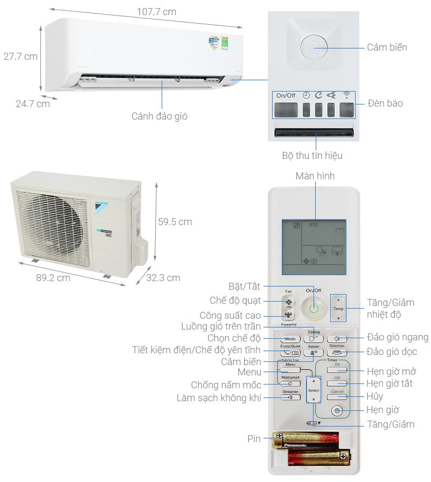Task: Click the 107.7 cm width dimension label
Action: tap(156, 12)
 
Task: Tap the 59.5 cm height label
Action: tap(175, 221)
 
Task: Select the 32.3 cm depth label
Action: tap(163, 278)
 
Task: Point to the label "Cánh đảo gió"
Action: tap(159, 116)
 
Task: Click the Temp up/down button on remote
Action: tap(338, 309)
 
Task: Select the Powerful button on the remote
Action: tap(289, 317)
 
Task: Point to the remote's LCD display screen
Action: tap(314, 247)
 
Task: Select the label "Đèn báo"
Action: tap(385, 103)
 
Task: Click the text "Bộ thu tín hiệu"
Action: tap(312, 156)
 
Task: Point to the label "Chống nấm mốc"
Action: tap(226, 385)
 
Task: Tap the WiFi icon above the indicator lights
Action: tap(346, 95)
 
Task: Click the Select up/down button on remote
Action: tap(314, 390)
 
